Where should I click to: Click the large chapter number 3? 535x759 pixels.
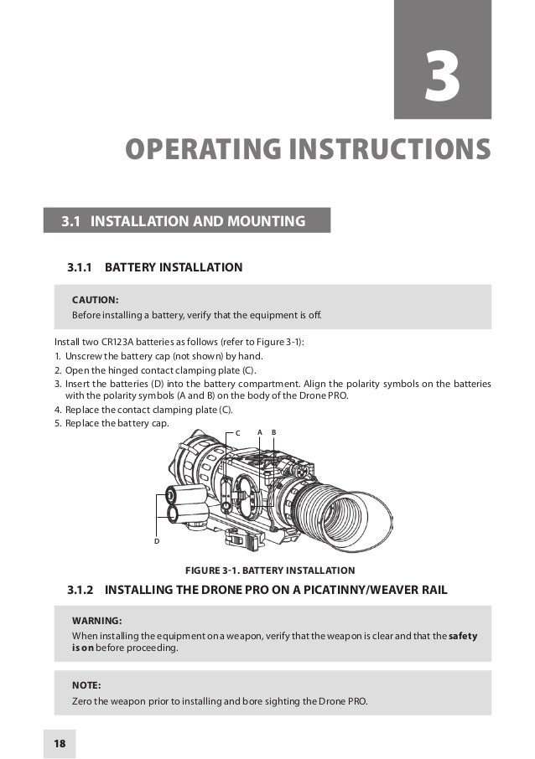(442, 79)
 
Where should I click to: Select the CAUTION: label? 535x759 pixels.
(95, 299)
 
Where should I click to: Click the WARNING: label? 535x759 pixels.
(97, 621)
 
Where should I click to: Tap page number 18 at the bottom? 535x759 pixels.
(60, 743)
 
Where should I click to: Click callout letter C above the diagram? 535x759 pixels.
(236, 432)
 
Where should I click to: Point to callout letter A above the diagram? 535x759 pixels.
(260, 431)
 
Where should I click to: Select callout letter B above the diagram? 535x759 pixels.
(274, 431)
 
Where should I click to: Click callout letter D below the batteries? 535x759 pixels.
(156, 541)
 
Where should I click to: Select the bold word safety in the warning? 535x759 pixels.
(463, 636)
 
